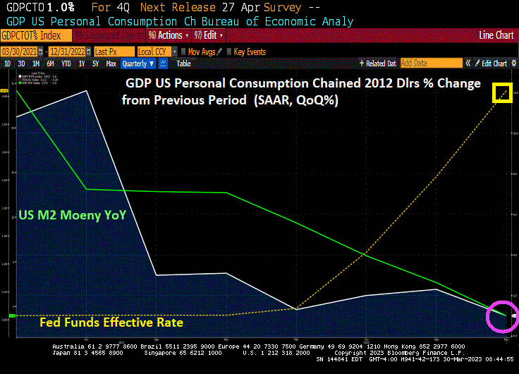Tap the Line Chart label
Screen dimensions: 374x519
[x=496, y=35]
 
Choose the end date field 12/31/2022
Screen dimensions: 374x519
[x=68, y=52]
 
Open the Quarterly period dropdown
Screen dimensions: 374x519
[x=138, y=64]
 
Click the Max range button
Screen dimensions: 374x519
[x=111, y=64]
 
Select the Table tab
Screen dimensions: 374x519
[x=183, y=64]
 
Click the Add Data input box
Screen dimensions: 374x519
[x=431, y=64]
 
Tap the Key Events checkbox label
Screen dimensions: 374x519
[x=250, y=52]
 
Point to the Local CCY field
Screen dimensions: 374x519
[x=152, y=52]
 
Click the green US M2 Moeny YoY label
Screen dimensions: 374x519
[x=73, y=215]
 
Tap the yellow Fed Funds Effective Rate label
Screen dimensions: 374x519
[x=111, y=322]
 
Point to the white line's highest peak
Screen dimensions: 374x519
[x=87, y=91]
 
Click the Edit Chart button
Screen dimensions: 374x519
[x=492, y=64]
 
